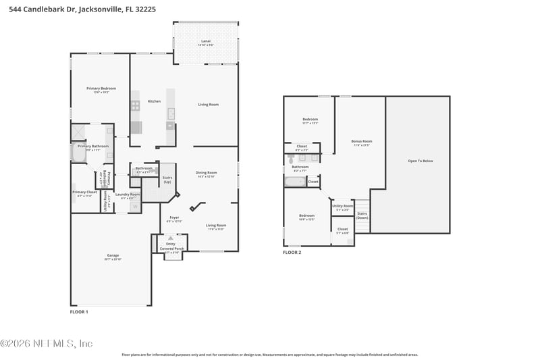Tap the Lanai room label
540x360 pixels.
click(x=206, y=41)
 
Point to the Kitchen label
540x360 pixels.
click(x=155, y=101)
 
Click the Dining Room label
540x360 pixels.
click(x=207, y=172)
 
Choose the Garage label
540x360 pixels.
click(x=112, y=255)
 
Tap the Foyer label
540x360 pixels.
click(x=174, y=217)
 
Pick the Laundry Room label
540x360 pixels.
click(x=128, y=195)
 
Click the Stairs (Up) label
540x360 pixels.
click(x=167, y=180)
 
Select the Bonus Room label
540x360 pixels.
click(x=362, y=142)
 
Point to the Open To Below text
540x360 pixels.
click(x=421, y=161)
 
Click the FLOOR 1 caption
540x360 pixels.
click(x=79, y=312)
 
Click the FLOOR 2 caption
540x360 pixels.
click(x=292, y=252)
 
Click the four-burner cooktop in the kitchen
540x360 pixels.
click(x=135, y=105)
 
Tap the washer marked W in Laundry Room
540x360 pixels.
click(x=134, y=206)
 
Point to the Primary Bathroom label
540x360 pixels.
click(x=93, y=146)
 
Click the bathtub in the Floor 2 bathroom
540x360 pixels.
click(x=295, y=182)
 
